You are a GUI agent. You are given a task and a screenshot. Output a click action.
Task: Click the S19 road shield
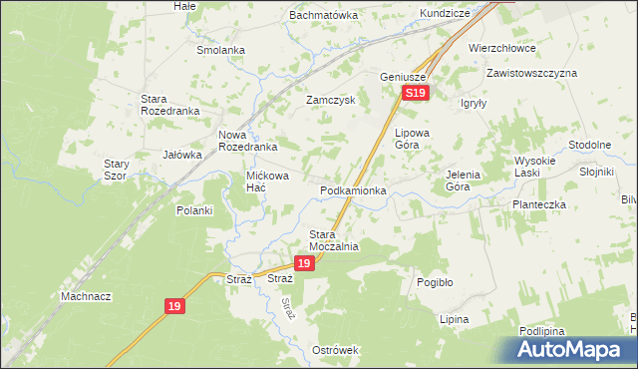[x=416, y=93]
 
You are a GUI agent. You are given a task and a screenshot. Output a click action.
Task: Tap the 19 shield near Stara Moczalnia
[x=305, y=263]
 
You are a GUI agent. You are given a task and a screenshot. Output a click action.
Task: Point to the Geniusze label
[x=403, y=77]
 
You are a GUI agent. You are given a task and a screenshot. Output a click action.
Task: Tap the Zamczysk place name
[x=332, y=101]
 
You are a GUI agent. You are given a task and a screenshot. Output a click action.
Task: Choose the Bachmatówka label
[x=323, y=16]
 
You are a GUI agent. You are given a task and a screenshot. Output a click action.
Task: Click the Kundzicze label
[x=445, y=16]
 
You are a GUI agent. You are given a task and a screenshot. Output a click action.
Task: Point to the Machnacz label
[x=86, y=296]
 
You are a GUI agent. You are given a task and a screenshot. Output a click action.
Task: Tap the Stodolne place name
[x=589, y=145]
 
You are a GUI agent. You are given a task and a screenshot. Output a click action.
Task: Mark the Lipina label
[x=454, y=319]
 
